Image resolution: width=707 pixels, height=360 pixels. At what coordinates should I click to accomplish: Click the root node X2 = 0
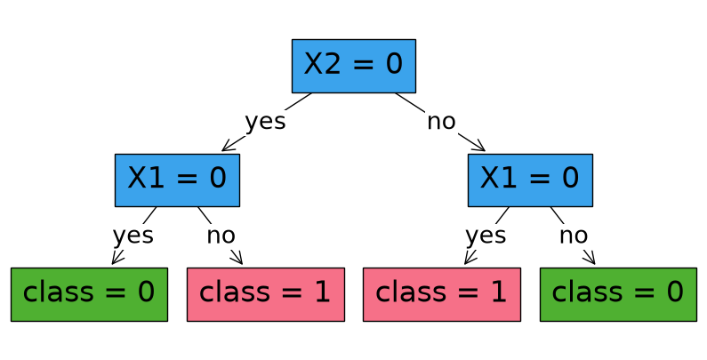coord(354,67)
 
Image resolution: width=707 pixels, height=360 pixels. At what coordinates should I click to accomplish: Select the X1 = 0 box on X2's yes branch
coord(177,180)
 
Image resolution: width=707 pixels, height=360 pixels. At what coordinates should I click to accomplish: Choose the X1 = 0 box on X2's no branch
coord(530,180)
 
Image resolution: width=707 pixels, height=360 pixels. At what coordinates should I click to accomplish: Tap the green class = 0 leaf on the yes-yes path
coord(89,295)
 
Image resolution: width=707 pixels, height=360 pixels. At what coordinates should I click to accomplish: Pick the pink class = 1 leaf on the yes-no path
coord(266,295)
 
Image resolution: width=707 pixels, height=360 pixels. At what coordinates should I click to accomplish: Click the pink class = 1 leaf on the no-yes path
coord(442,295)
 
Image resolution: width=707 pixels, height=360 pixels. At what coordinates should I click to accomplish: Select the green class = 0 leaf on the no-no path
coord(618,295)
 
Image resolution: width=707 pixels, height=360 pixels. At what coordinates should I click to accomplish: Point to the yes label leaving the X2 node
coord(265,122)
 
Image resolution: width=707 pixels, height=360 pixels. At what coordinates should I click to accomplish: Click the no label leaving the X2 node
coord(441,122)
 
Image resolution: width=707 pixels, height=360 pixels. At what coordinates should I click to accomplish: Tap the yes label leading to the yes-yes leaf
coord(133,236)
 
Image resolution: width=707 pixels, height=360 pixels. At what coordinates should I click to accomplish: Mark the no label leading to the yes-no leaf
coord(221,236)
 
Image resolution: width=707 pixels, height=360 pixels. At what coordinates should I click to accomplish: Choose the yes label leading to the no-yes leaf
coord(486,236)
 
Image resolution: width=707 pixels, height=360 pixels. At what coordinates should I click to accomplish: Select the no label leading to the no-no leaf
coord(574,236)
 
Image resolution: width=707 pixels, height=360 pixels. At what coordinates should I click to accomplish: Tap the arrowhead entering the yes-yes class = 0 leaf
coord(116,259)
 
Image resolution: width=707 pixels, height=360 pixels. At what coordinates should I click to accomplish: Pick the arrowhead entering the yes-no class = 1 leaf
coord(237,259)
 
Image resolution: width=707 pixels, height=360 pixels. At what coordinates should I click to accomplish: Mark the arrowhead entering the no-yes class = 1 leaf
coord(469,259)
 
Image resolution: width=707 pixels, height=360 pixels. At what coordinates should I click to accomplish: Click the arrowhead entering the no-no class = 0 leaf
coord(591,259)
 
